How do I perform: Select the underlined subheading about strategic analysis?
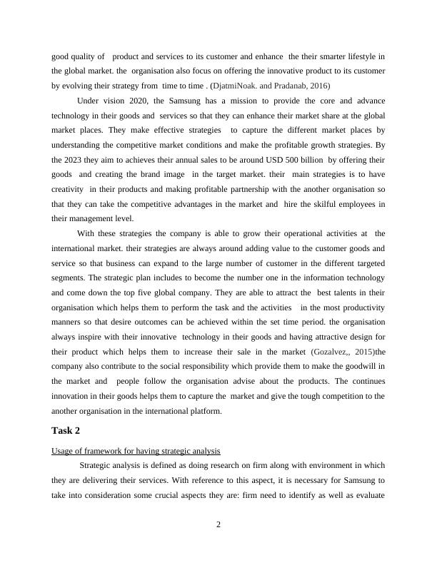point(136,451)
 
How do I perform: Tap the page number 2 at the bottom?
point(218,526)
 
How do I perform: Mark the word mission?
point(240,101)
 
